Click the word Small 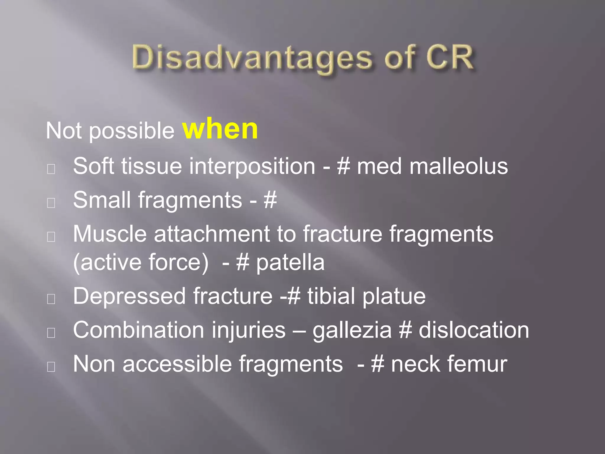click(x=102, y=200)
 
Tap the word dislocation click(x=474, y=330)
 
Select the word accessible click(x=177, y=364)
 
